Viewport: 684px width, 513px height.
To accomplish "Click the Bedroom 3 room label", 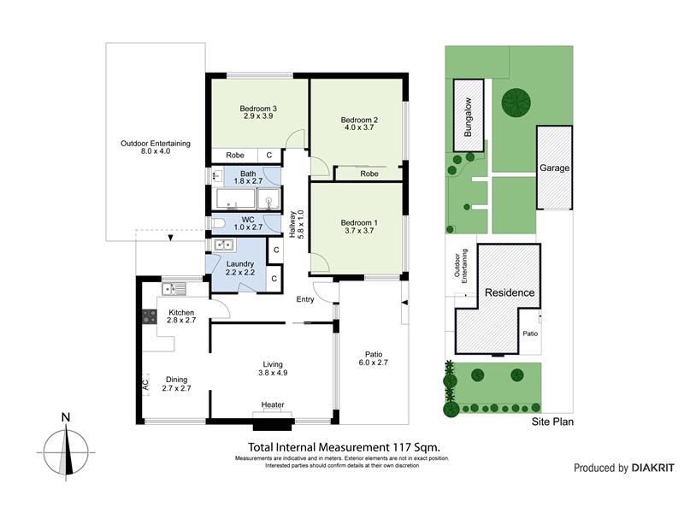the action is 258,109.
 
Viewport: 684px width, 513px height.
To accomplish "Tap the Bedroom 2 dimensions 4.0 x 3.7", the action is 359,127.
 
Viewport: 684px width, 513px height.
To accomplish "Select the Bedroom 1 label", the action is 359,223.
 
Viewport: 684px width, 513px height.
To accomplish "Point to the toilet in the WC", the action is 218,224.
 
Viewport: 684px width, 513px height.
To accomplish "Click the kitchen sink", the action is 174,289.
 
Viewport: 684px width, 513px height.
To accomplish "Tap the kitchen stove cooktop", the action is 149,316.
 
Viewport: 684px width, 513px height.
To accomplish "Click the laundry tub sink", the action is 224,245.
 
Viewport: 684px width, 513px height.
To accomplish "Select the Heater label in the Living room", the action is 273,404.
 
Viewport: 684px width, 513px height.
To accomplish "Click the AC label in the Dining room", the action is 145,384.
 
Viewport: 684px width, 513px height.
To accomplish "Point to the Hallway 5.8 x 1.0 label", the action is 296,224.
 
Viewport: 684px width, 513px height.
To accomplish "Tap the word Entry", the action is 305,299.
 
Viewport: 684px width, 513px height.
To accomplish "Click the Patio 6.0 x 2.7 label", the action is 374,358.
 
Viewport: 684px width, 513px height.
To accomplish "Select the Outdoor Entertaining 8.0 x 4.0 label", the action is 156,147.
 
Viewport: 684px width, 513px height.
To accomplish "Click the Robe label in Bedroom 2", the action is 369,174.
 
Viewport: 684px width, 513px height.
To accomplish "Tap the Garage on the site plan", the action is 554,168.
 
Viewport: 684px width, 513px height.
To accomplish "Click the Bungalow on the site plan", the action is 469,115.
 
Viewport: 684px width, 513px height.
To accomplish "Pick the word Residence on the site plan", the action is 510,292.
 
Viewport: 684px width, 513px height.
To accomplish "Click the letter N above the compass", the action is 66,417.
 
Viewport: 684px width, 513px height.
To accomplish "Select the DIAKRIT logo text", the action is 652,468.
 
